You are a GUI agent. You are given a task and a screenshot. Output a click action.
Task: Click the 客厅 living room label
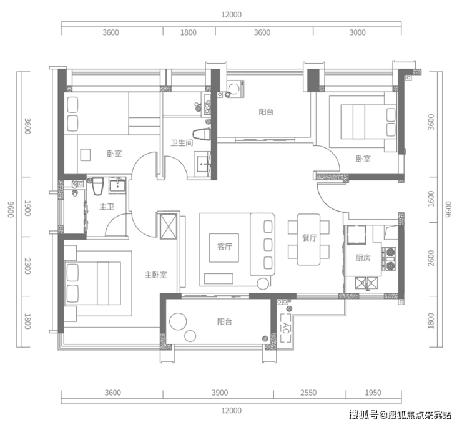[x=225, y=247]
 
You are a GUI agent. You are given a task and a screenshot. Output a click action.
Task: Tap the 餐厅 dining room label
[x=310, y=238]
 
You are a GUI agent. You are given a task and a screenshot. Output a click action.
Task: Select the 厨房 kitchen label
[x=363, y=258]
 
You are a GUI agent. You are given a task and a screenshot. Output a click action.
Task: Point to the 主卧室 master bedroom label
[x=156, y=275]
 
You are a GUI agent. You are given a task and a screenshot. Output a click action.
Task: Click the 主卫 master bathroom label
[x=107, y=207]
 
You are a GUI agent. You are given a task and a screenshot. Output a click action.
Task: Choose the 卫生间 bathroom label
[x=182, y=143]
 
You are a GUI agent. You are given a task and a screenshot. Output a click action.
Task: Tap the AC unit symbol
[x=285, y=328]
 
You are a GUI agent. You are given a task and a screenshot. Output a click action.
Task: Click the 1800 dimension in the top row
[x=189, y=32]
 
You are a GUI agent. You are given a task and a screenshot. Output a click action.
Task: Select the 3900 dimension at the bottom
[x=220, y=393]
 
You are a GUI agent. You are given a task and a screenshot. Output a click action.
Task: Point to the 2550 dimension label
[x=308, y=393]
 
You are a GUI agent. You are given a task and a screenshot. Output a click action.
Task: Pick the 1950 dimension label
[x=373, y=393]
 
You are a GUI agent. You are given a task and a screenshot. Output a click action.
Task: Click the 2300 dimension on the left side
[x=27, y=266]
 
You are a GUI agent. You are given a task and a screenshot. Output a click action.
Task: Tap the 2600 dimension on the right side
[x=431, y=258]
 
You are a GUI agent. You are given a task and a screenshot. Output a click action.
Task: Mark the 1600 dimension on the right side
[x=431, y=199]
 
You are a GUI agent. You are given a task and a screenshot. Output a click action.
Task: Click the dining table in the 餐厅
[x=308, y=240]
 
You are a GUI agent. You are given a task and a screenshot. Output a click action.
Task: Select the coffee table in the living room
[x=224, y=248]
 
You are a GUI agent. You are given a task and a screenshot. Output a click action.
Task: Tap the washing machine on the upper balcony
[x=235, y=89]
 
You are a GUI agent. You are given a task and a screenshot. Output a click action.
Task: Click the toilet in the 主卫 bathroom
[x=98, y=186]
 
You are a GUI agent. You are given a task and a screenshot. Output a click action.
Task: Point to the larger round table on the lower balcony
[x=178, y=321]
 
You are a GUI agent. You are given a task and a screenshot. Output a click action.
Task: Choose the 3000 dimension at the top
[x=357, y=32]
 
